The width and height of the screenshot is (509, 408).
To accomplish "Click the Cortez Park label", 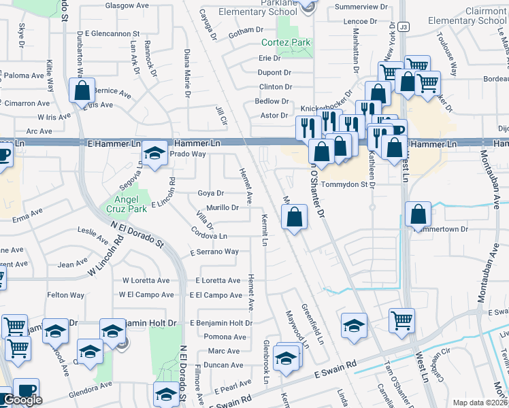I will click(286, 42).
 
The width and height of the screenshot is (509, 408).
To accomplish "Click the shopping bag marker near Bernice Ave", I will click(82, 90).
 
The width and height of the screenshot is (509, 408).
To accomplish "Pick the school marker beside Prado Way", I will click(156, 153).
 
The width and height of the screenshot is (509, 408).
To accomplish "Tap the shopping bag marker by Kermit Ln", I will click(295, 218).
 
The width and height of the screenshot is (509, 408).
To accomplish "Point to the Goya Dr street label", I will click(210, 193).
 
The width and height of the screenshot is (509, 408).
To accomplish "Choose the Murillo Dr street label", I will click(222, 207).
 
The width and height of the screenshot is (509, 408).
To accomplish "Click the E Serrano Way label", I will click(214, 252).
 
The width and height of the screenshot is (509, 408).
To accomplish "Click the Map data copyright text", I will click(480, 403).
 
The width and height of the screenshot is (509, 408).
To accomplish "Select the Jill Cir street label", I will click(220, 116).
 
